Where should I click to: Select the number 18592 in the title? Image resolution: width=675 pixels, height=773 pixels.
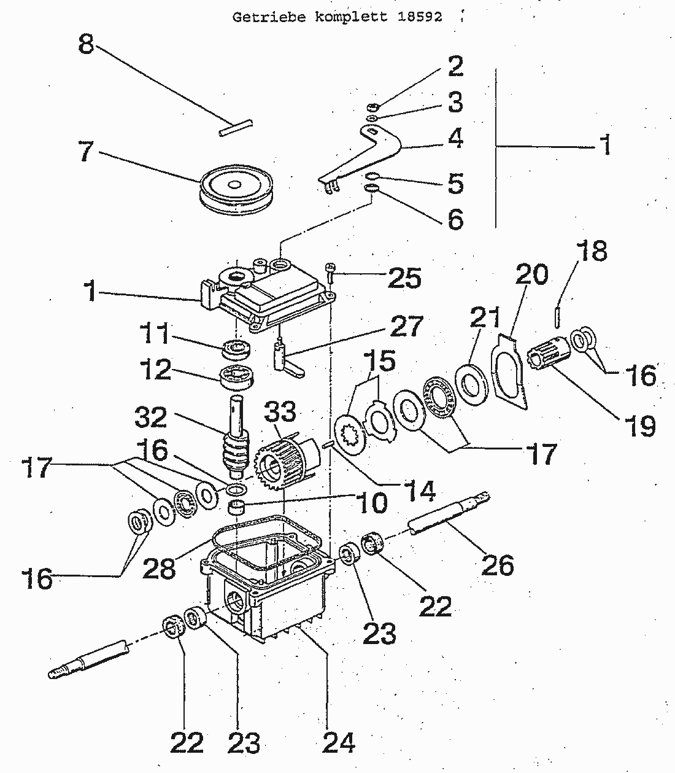420,17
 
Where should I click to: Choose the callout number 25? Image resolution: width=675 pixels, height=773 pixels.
404,278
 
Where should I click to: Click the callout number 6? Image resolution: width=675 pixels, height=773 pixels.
455,219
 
